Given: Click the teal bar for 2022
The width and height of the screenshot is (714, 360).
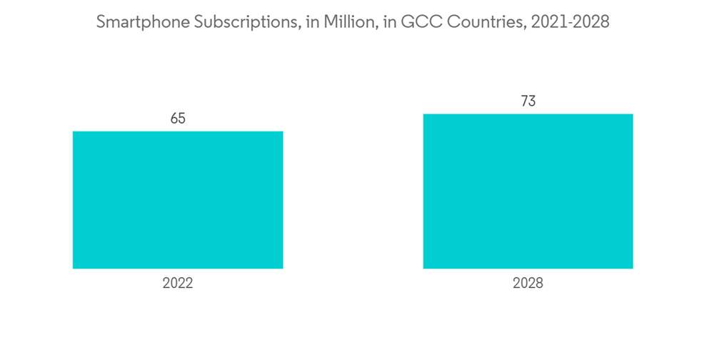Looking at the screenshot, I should pyautogui.click(x=178, y=200).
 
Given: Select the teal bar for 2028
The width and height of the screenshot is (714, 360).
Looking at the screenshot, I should pyautogui.click(x=528, y=191).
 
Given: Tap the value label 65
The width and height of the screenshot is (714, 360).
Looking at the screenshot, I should pyautogui.click(x=178, y=119).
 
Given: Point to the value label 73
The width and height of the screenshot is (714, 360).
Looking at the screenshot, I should pyautogui.click(x=528, y=101).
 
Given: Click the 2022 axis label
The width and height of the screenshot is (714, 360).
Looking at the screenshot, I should pyautogui.click(x=178, y=284).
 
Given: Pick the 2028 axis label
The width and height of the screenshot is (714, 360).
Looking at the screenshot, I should pyautogui.click(x=528, y=284).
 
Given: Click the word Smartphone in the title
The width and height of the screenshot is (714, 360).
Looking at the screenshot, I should pyautogui.click(x=139, y=22).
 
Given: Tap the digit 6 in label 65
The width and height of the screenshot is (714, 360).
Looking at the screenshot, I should pyautogui.click(x=174, y=119).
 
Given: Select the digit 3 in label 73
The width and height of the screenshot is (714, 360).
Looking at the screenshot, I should pyautogui.click(x=532, y=101).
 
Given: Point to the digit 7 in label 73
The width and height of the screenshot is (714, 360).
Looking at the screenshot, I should pyautogui.click(x=523, y=101).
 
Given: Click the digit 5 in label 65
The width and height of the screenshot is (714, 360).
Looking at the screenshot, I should pyautogui.click(x=182, y=119).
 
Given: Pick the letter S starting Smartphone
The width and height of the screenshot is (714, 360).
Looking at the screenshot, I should pyautogui.click(x=101, y=22).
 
